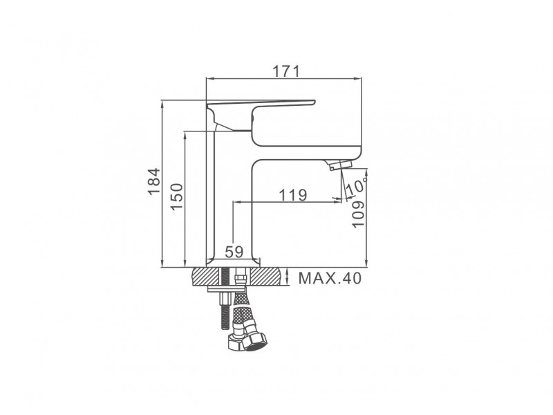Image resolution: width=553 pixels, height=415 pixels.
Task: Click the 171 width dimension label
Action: tap(286, 71)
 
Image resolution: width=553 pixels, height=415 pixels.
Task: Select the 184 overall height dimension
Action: tap(154, 181)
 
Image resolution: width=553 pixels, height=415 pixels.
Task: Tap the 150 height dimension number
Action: tap(177, 196)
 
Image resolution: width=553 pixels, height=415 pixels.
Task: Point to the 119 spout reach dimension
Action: tap(293, 194)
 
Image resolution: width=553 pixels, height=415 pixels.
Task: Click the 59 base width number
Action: tap(234, 252)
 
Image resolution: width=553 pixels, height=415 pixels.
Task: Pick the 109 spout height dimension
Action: tap(357, 214)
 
